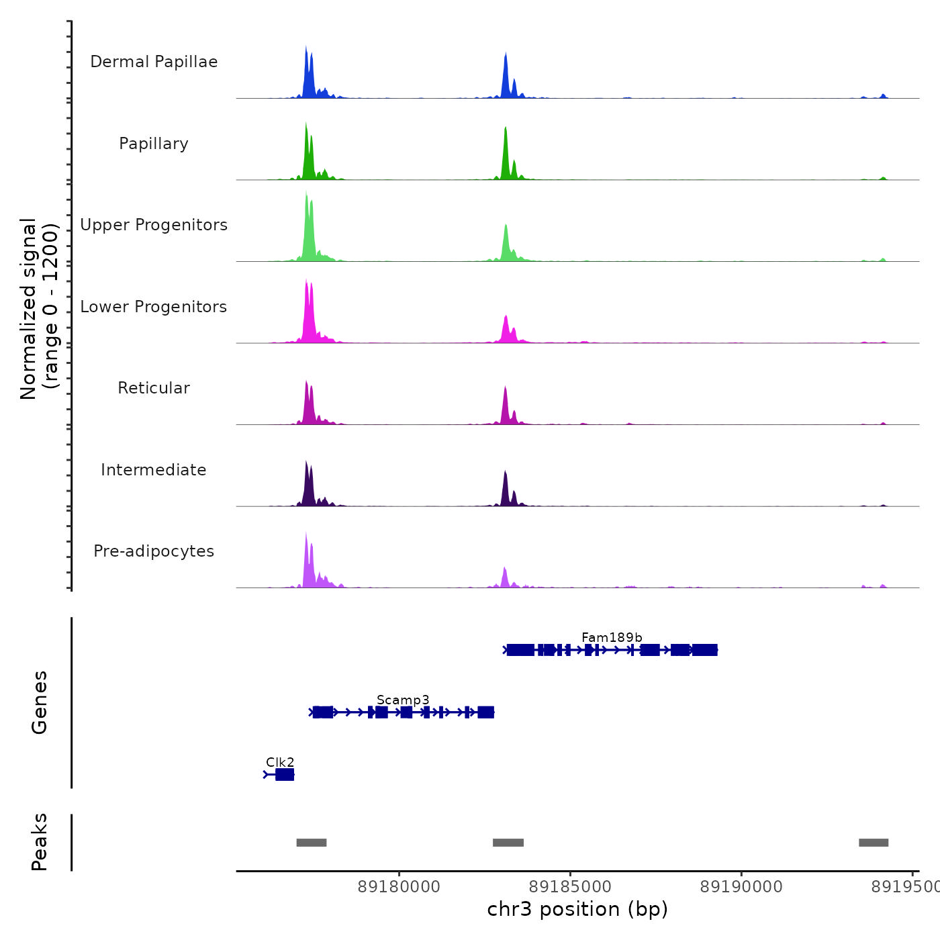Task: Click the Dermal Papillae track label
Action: click(x=154, y=62)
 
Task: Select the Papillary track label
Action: click(x=154, y=144)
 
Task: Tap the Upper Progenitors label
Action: click(x=154, y=225)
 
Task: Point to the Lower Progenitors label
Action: click(x=154, y=307)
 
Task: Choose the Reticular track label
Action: click(x=154, y=388)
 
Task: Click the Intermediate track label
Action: click(x=154, y=470)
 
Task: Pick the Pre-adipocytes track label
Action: click(x=154, y=551)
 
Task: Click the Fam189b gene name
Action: click(x=612, y=637)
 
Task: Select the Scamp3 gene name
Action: click(x=403, y=700)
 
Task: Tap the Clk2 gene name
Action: click(x=280, y=762)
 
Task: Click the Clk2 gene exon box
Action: click(x=285, y=775)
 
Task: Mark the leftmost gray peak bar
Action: click(x=312, y=843)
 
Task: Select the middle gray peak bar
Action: click(x=508, y=843)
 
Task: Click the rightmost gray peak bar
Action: click(x=874, y=843)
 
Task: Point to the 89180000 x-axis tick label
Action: click(x=399, y=887)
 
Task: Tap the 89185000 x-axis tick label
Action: click(x=571, y=887)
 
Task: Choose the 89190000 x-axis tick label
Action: click(x=741, y=887)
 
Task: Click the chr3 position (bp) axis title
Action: click(x=577, y=909)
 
